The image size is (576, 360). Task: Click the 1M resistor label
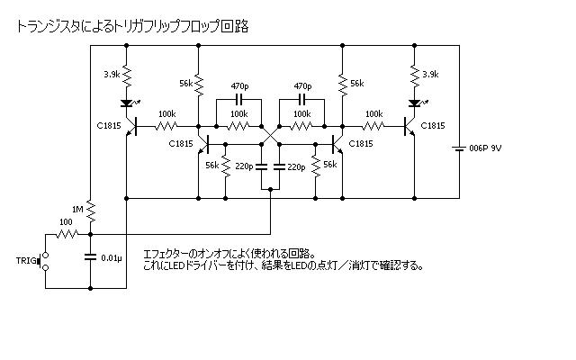point(77,209)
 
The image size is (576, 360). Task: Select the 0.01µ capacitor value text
point(112,259)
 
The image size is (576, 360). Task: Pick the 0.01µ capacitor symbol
point(91,258)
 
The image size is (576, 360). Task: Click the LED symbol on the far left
point(126,102)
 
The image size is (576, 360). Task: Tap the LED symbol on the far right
point(414,102)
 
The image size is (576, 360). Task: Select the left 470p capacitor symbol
point(239,98)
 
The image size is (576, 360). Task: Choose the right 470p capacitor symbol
point(302,98)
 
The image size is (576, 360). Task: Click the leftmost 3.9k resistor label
point(112,74)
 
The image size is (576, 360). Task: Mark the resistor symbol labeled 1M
point(91,210)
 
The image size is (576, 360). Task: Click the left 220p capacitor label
point(242,167)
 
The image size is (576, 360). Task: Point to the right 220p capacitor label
point(298,167)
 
